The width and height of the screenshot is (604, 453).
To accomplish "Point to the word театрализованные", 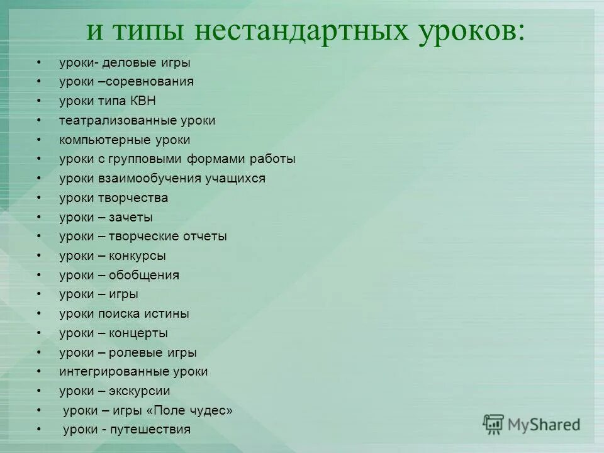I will point(111,121).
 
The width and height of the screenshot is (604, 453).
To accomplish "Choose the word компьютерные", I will point(101,140).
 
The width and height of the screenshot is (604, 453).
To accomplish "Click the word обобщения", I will point(144,276).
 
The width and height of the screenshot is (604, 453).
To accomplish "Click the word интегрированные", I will point(108,372).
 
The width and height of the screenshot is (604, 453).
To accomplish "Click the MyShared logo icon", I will point(493,425).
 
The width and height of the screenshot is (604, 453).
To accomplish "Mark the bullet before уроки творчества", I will point(39,198).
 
